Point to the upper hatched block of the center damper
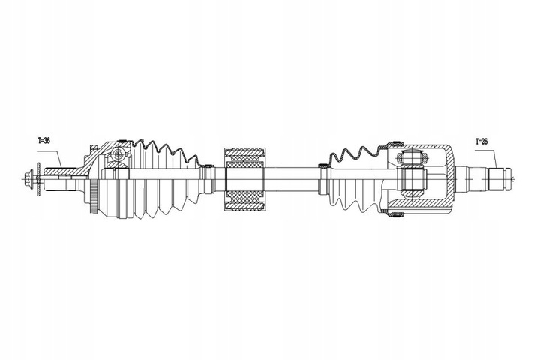pyautogui.click(x=246, y=159)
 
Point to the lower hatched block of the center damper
pyautogui.click(x=246, y=202)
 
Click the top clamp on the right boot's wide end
pyautogui.click(x=395, y=143)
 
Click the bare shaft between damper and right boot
pyautogui.click(x=292, y=180)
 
